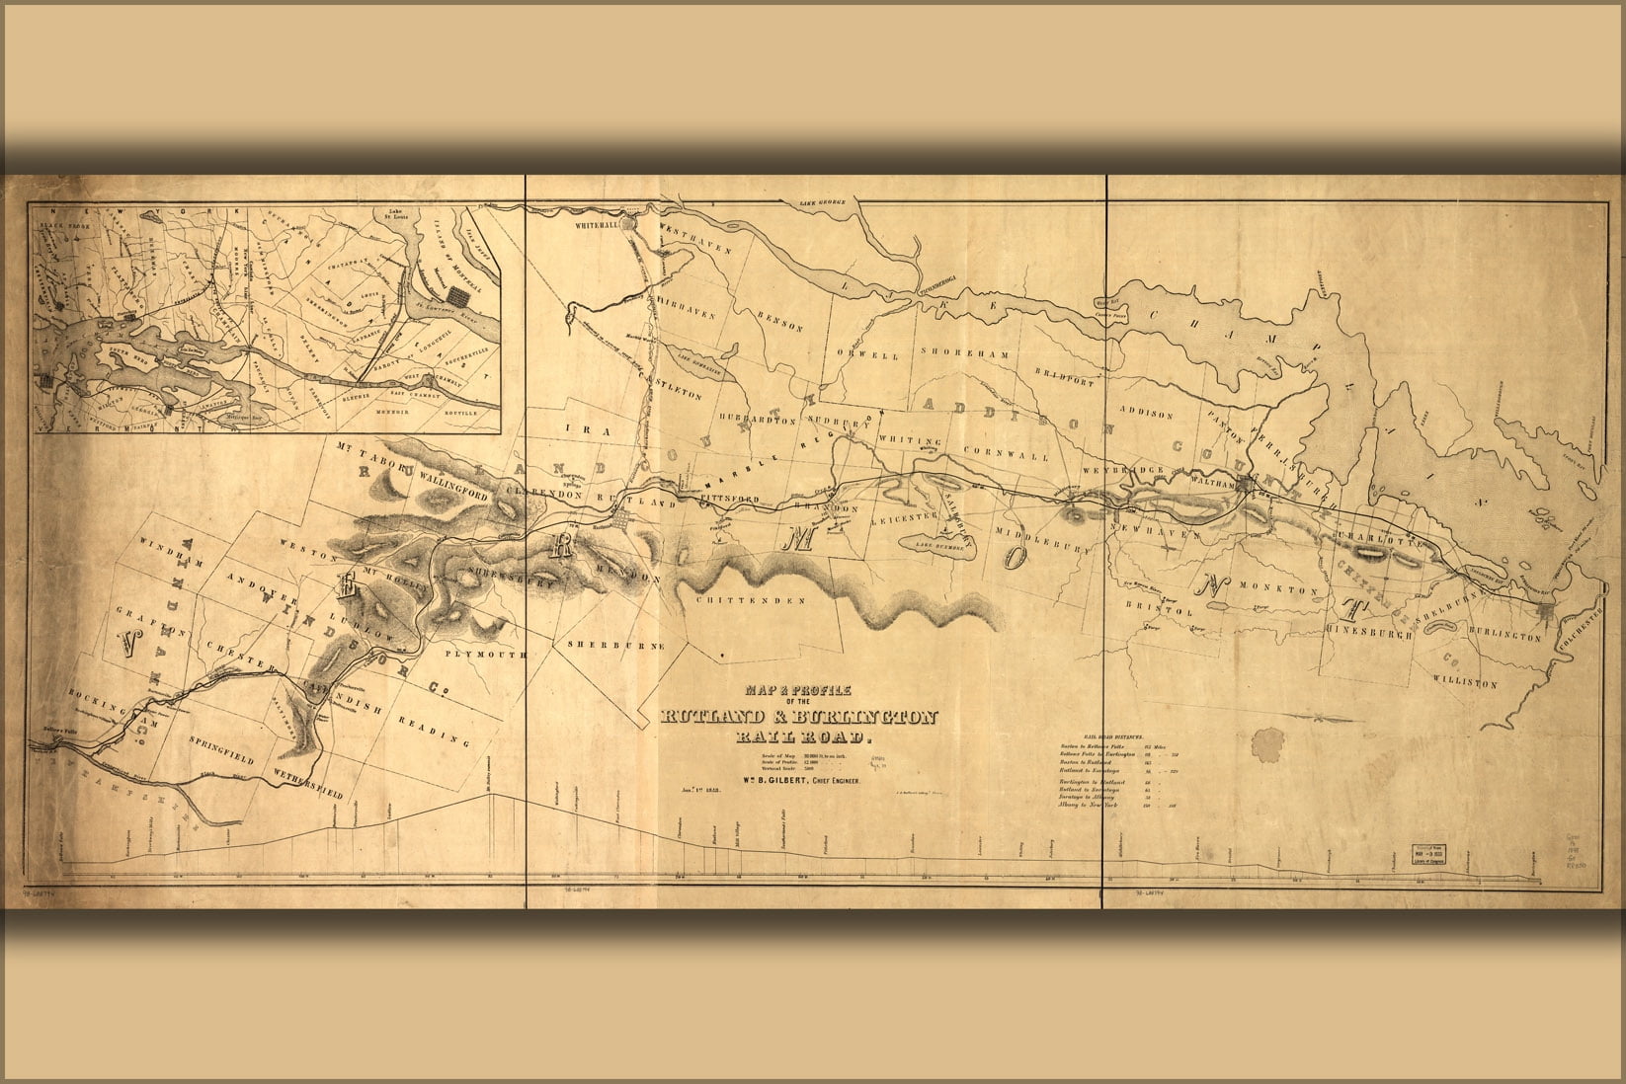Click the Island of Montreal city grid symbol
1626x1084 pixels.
457,294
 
